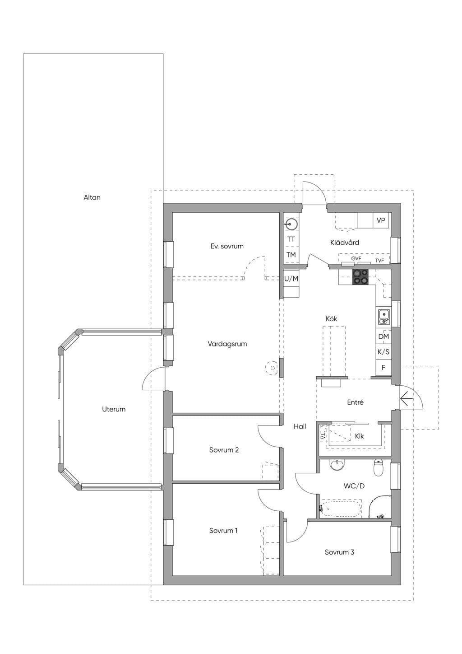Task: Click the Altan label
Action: click(92, 197)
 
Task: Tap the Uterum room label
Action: click(114, 409)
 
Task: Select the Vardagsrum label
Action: click(227, 344)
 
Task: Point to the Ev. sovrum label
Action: click(227, 246)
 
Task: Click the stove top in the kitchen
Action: click(360, 277)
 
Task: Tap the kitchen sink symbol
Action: click(384, 317)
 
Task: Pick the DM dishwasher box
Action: click(383, 336)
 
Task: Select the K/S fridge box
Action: click(383, 352)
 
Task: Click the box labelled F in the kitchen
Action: click(383, 368)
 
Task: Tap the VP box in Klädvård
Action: click(381, 220)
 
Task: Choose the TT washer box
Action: click(291, 239)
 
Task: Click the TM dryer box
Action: click(291, 255)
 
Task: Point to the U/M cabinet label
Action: click(291, 279)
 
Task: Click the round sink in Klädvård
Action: click(291, 224)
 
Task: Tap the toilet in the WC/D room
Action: click(378, 468)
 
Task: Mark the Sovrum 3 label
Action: click(339, 552)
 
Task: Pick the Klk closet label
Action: click(359, 436)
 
